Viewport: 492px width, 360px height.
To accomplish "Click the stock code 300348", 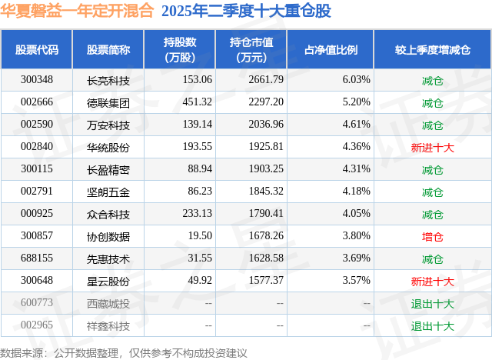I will [x=37, y=80].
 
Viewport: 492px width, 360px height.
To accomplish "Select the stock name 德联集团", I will [x=108, y=102].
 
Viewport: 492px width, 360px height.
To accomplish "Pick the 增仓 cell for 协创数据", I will [x=432, y=237].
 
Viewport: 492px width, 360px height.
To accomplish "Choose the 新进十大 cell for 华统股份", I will [x=432, y=147].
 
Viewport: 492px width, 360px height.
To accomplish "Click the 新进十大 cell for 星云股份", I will [x=432, y=282].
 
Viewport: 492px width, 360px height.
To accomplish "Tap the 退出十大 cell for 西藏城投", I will [x=432, y=304].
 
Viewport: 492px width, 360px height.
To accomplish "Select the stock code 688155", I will [x=37, y=259].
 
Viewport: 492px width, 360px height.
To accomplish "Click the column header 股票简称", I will [x=108, y=50].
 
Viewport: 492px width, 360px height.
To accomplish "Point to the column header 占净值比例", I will [x=336, y=50].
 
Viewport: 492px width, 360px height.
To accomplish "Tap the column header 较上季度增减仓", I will [x=432, y=50].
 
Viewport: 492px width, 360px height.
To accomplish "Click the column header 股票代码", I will [x=37, y=50].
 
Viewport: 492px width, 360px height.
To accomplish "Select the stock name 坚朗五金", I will [x=108, y=192].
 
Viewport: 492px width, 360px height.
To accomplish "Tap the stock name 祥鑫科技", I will [x=108, y=326].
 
